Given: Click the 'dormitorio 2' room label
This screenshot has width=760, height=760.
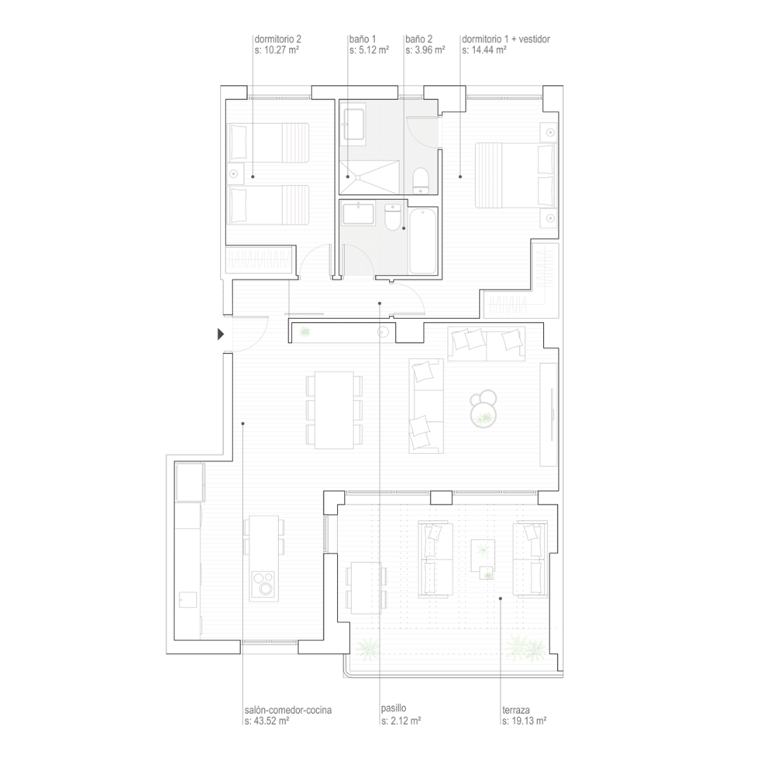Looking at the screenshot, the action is pos(278,39).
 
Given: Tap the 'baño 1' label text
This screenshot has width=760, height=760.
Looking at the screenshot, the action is pos(362,39).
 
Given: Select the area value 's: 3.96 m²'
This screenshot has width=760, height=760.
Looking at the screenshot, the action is pos(425,50).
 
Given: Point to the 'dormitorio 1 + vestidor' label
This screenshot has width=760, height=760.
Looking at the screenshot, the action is pos(505,39).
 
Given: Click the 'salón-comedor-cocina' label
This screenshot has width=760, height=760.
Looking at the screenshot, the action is pos(288,710).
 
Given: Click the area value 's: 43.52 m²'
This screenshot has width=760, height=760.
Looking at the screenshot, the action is pos(267,721).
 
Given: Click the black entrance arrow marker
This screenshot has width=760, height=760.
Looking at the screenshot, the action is pos(220,334).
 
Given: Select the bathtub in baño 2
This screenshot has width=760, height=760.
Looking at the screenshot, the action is pos(423,241).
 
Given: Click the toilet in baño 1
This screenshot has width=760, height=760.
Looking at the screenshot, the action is pos(420,180).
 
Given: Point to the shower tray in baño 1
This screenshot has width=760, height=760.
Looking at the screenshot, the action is pos(369,177).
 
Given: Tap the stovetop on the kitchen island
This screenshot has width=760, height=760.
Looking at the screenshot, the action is pos(264,584).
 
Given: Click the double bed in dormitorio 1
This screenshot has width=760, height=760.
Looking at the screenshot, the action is pos(514,175).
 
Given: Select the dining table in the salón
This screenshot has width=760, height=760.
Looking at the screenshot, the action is pos(334,410).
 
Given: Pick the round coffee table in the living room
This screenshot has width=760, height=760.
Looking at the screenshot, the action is pos(483,408).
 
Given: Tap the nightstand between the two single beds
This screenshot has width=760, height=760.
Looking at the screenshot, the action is pos(235,173).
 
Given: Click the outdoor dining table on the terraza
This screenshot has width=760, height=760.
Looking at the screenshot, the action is pos(366,588).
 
